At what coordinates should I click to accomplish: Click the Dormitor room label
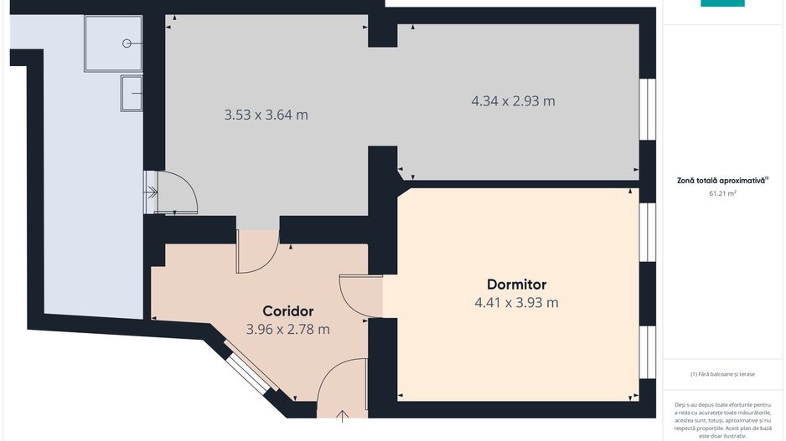(x=516, y=285)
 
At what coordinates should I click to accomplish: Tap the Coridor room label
(x=287, y=311)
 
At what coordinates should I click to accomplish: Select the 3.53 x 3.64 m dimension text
(x=266, y=115)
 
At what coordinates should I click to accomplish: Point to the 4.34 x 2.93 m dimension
(x=513, y=101)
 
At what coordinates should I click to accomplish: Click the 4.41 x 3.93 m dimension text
(x=516, y=303)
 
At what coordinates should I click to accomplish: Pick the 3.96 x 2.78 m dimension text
(x=287, y=330)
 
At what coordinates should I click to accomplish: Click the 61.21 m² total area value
(x=722, y=193)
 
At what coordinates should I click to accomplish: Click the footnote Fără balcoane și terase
(x=722, y=374)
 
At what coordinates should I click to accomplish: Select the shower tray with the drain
(x=113, y=43)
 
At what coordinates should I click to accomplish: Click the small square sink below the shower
(x=132, y=92)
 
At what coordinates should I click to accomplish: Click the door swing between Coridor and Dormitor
(x=360, y=296)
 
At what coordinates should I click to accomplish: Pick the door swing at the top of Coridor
(x=257, y=252)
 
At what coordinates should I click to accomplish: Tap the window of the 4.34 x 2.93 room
(x=647, y=109)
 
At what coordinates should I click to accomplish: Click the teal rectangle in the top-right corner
(x=722, y=3)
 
